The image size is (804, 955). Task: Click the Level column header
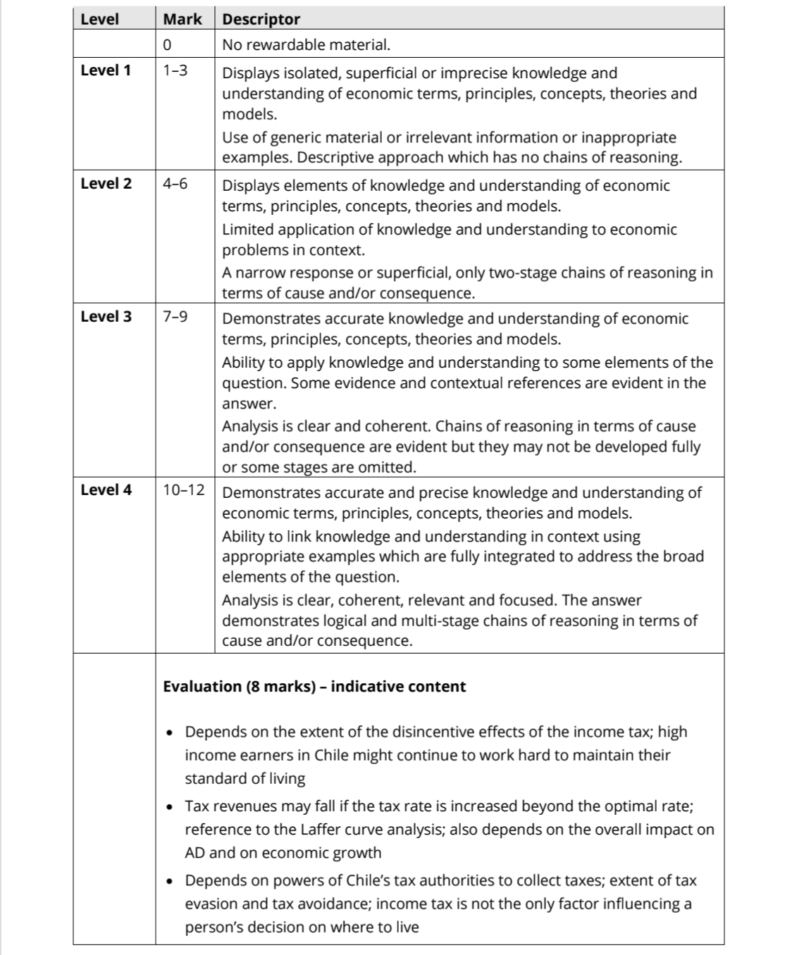click(x=99, y=20)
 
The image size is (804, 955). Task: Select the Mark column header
click(x=183, y=20)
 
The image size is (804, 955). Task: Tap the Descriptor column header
click(x=261, y=20)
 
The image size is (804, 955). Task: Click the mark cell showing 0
click(x=167, y=45)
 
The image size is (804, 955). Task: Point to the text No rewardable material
click(x=306, y=45)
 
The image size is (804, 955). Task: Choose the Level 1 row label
click(x=106, y=70)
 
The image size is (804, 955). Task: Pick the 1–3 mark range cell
click(x=175, y=70)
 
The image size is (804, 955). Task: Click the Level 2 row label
click(x=106, y=184)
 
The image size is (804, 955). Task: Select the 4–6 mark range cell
click(x=175, y=184)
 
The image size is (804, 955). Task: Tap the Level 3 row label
click(x=106, y=317)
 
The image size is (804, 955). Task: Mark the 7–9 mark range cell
click(x=175, y=317)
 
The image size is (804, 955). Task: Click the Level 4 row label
click(x=106, y=490)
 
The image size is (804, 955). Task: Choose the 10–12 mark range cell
click(x=184, y=490)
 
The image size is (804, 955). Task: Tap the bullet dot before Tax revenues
click(x=170, y=807)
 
